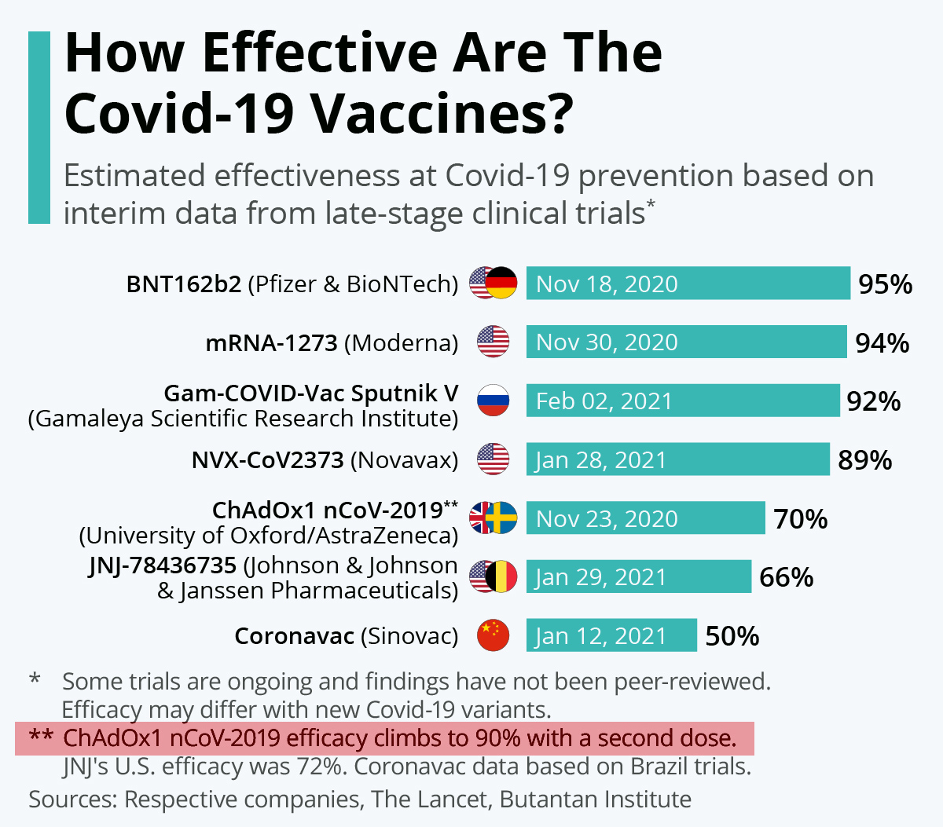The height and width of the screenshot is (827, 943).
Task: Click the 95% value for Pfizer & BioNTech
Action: coord(885,284)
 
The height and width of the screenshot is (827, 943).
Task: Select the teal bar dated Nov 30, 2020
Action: coord(686,342)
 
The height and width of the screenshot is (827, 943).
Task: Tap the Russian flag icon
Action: coord(493,401)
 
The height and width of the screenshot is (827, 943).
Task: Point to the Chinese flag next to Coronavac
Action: coord(493,635)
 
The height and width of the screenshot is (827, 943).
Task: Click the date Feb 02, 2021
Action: coord(604,401)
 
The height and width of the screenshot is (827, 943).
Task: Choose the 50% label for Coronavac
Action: coord(732,636)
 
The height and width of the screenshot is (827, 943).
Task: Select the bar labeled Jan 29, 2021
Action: coord(638,577)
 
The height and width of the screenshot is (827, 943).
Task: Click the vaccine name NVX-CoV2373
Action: coord(267,460)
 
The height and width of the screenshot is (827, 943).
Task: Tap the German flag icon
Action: coord(502,284)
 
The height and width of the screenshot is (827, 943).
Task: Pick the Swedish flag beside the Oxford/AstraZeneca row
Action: coord(502,518)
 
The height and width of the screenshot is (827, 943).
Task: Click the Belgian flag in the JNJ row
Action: coord(502,577)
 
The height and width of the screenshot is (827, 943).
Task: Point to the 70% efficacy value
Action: coord(800,519)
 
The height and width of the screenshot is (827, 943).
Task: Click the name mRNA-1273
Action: coord(271,343)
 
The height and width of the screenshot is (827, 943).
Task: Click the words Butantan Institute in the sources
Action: coord(596,800)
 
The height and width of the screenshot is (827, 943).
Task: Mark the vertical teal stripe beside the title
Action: coord(39,127)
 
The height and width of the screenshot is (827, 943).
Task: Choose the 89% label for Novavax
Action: coord(864,460)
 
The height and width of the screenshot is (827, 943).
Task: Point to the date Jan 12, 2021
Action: coord(600,636)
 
